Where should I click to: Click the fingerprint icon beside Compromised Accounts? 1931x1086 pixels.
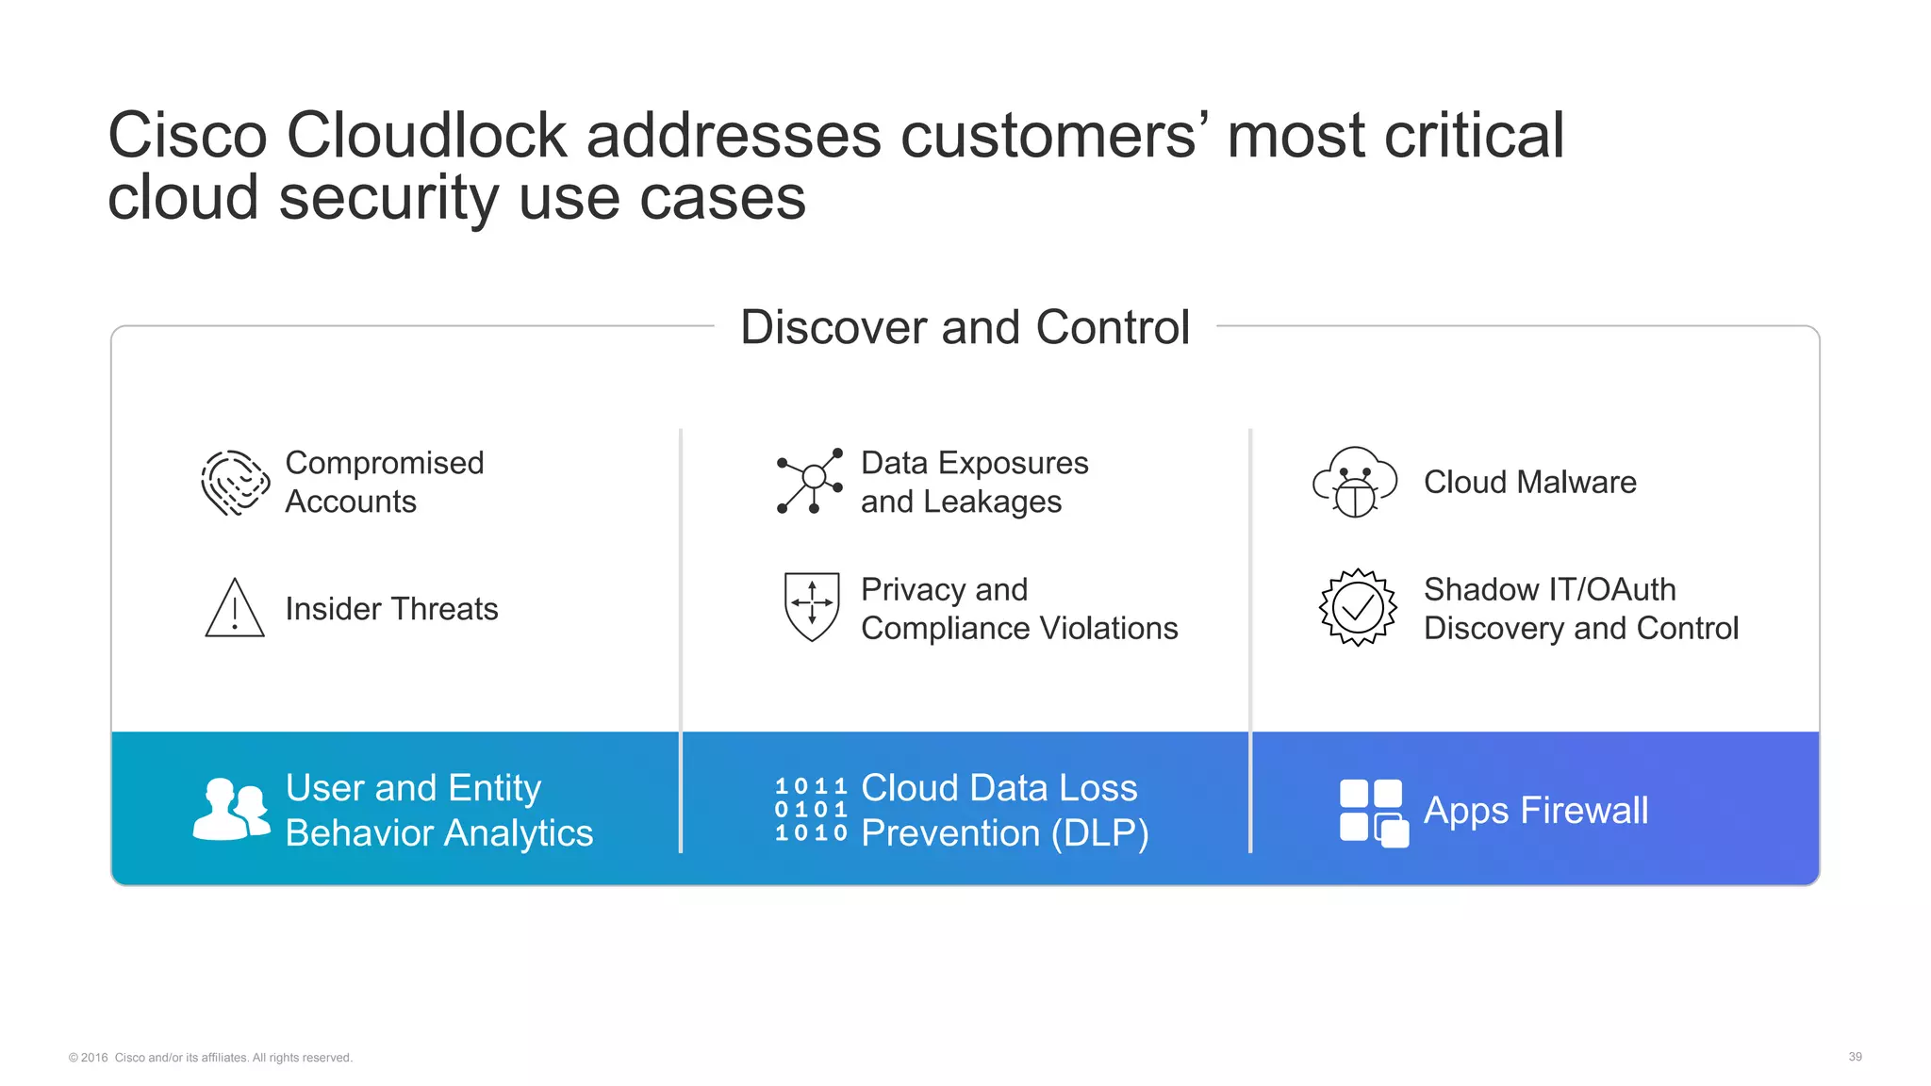coord(235,483)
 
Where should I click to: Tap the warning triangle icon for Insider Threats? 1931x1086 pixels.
coord(235,609)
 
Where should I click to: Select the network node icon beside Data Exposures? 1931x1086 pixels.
coord(810,482)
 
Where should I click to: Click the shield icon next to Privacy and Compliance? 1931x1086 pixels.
coord(812,606)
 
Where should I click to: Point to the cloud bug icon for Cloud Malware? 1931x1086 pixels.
coord(1355,482)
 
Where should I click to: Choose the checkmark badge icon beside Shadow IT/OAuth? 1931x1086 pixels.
coord(1358,607)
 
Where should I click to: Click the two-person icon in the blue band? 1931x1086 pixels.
coord(231,809)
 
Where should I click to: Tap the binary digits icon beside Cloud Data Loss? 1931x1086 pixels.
coord(811,810)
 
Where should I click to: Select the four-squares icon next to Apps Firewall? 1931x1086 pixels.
coord(1374,812)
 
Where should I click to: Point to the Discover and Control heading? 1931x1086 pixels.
coord(965,327)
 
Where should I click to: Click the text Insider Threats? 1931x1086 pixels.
coord(391,609)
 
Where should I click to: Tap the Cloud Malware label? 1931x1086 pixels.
coord(1529,482)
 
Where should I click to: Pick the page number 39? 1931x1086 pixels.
coord(1855,1057)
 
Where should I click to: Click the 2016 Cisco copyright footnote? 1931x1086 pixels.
coord(210,1058)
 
